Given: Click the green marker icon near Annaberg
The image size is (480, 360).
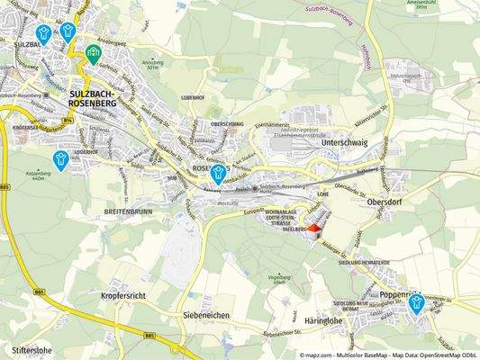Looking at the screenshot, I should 93,57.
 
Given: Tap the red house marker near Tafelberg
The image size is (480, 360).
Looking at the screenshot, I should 313,229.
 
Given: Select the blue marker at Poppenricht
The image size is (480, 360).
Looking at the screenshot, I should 416,304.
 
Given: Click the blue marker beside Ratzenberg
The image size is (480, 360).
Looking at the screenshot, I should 61,160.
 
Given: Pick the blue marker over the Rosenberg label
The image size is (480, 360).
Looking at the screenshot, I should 218,174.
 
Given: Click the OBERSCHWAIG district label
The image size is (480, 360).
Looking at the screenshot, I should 227,125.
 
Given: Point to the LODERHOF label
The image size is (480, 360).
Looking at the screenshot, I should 86,152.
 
